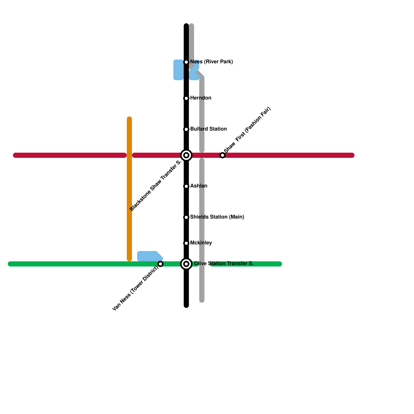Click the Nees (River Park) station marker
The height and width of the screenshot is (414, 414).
click(x=186, y=62)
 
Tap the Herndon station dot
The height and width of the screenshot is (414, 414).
click(x=186, y=98)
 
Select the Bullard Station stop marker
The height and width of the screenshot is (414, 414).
click(x=186, y=129)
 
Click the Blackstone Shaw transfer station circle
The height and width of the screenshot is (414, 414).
click(x=186, y=155)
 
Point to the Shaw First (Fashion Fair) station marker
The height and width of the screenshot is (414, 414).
click(x=223, y=155)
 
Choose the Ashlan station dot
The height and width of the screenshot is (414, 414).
click(x=186, y=186)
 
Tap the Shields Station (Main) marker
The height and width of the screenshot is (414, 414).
click(x=186, y=217)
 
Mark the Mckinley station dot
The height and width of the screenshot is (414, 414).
click(x=186, y=243)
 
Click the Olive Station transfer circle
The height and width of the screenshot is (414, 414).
click(x=186, y=264)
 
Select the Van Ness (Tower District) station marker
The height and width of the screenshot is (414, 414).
click(x=160, y=264)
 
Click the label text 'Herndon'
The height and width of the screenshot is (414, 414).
click(x=201, y=98)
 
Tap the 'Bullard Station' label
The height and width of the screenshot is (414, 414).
click(x=208, y=129)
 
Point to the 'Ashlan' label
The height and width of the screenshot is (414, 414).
click(x=198, y=186)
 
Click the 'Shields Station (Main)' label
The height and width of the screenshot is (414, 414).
click(x=217, y=217)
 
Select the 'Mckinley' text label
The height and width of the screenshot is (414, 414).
click(x=201, y=243)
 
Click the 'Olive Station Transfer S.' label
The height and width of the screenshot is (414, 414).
click(x=224, y=264)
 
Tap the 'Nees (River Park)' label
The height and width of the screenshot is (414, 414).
click(x=211, y=62)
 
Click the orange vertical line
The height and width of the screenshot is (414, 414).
click(x=129, y=189)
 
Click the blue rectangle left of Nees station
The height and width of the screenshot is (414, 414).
click(x=178, y=70)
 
